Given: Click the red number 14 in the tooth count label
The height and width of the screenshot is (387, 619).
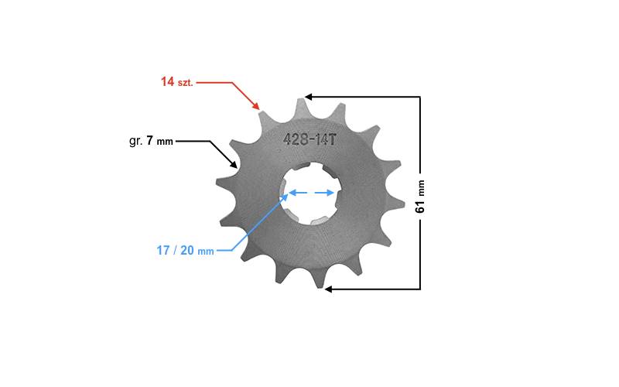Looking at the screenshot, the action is pos(167,81).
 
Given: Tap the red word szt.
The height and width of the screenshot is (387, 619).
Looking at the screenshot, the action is pos(185,83).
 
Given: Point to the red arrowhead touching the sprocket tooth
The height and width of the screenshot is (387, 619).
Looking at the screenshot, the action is pos(256,105).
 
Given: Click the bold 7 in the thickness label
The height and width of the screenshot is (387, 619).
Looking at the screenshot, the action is pos(149,140).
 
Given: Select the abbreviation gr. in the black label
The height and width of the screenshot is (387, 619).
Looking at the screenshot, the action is pos(136,142).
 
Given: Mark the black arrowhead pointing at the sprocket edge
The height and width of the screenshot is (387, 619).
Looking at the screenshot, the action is pos(234,163).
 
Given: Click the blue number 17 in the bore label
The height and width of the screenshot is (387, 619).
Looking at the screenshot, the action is pos(163,250).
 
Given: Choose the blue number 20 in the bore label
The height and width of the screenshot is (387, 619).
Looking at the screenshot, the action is pos(187,250).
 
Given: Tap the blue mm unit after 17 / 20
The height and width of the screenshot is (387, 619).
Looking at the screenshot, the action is pos(206,252).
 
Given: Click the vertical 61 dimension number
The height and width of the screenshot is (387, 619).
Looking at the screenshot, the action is pos(420,205).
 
